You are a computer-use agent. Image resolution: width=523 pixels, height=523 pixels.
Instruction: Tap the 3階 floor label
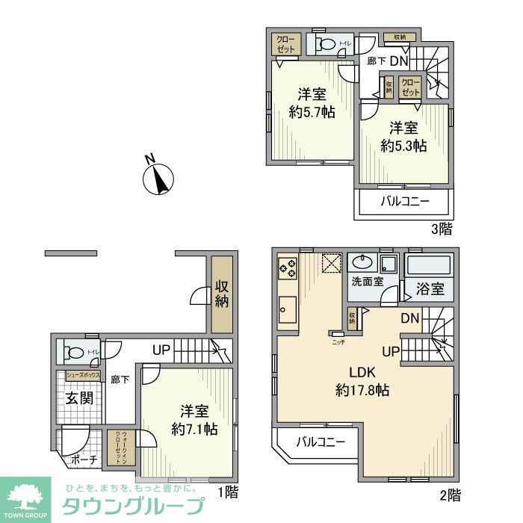click(x=441, y=229)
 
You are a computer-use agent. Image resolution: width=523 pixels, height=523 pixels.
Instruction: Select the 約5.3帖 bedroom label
click(x=403, y=137)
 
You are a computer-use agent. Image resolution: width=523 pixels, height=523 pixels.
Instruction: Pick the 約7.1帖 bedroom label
click(x=194, y=421)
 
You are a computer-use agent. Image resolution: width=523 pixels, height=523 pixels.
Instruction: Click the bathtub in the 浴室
click(x=429, y=266)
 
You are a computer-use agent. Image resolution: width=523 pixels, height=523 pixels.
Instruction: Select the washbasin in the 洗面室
click(x=362, y=264)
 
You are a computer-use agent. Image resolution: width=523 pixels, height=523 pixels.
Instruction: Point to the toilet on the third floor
click(x=327, y=44)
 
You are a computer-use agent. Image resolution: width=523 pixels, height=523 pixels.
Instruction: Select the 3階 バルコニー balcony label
click(x=404, y=201)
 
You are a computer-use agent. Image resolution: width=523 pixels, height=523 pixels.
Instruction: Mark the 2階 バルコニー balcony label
click(x=320, y=442)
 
